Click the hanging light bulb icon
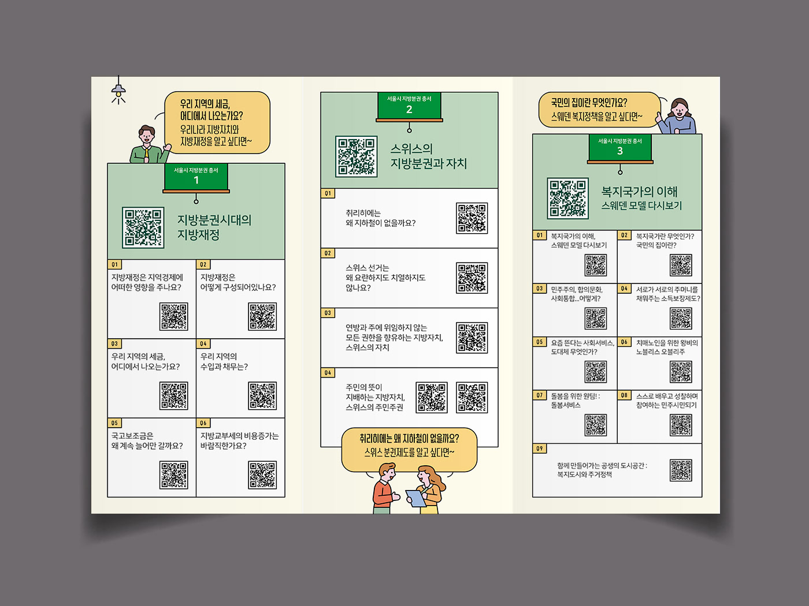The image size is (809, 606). pos(118,91)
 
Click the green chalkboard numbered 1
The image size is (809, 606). pos(196,177)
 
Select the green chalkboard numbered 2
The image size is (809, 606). pos(409,106)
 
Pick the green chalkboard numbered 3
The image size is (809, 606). pos(620,148)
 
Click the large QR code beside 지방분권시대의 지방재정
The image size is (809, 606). pos(143,227)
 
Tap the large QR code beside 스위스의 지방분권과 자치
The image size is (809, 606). pos(357,156)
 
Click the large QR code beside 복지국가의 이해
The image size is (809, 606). pos(568,198)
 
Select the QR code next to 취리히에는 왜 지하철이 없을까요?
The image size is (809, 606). pos(472,218)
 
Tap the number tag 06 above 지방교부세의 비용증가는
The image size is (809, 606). pos(203,423)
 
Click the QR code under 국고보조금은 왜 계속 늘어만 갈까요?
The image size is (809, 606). pos(174,475)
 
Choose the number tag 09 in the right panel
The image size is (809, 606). pos(539,448)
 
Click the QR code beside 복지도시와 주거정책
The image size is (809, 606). pos(681,470)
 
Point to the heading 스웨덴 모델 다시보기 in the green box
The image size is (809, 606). pos(641,206)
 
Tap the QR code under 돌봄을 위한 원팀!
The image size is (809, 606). pos(596,425)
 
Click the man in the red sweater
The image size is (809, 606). pos(384,489)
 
